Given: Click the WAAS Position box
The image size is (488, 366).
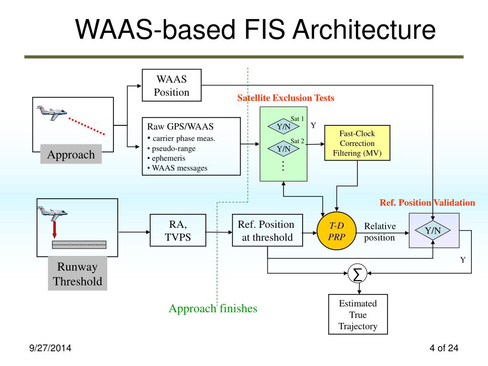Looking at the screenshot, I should pyautogui.click(x=172, y=85).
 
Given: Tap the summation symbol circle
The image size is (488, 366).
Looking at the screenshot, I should pyautogui.click(x=356, y=274).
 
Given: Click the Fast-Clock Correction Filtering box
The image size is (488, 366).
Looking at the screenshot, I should pyautogui.click(x=357, y=143).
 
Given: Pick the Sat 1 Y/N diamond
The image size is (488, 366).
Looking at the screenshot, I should pyautogui.click(x=284, y=127).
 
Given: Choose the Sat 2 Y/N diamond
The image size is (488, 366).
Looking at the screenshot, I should pyautogui.click(x=284, y=149).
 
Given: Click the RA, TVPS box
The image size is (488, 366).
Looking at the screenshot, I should pyautogui.click(x=178, y=231).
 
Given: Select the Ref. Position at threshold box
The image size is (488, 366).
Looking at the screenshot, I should pyautogui.click(x=267, y=231).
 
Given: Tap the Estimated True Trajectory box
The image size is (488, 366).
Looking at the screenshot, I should pyautogui.click(x=357, y=315).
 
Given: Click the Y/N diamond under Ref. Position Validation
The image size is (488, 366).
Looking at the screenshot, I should pyautogui.click(x=433, y=231).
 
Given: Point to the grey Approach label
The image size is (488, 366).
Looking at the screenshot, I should pyautogui.click(x=71, y=154).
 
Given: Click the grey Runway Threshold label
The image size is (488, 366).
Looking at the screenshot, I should pyautogui.click(x=78, y=274).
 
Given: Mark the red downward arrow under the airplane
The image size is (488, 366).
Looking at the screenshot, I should pyautogui.click(x=55, y=230).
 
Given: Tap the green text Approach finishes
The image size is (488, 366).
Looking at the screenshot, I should pyautogui.click(x=213, y=308).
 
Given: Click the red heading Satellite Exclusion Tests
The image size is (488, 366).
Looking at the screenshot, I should pyautogui.click(x=286, y=98).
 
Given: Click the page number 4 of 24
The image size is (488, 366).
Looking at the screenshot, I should pyautogui.click(x=443, y=348).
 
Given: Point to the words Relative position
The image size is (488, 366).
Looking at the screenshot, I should pyautogui.click(x=380, y=232).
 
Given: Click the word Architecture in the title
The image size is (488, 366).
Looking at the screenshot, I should pyautogui.click(x=364, y=30).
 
